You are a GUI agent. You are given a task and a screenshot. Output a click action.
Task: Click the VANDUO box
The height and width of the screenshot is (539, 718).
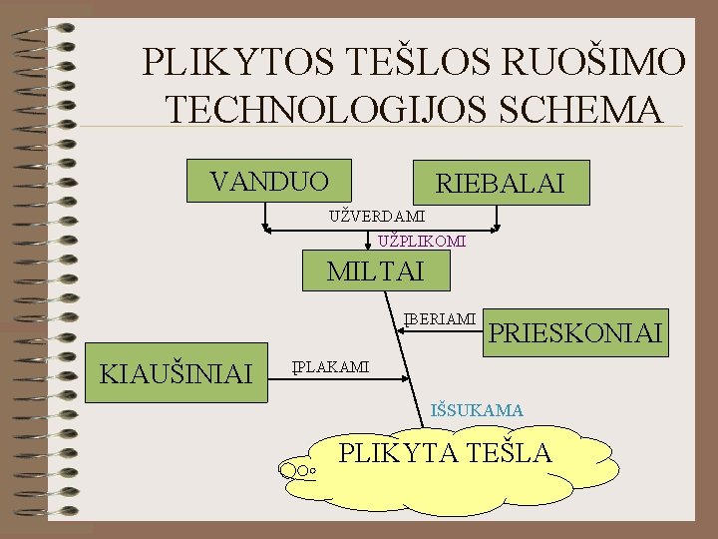coord(269,181)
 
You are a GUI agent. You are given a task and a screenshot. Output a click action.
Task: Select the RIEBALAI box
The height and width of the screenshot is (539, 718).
coord(501,183)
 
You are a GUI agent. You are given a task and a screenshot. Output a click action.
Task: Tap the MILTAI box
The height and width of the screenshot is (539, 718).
coord(376,269)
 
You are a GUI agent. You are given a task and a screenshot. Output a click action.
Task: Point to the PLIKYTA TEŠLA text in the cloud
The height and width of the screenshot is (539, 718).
coord(446,452)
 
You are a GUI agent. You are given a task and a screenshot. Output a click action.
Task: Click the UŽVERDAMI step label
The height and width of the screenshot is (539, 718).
coord(377,216)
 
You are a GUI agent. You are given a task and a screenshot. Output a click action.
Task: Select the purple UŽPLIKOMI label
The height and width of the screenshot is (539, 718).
coord(422,242)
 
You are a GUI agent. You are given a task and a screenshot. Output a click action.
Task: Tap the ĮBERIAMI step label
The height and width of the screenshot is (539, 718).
coord(440,319)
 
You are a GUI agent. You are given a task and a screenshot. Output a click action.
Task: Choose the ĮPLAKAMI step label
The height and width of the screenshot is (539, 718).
coord(330,367)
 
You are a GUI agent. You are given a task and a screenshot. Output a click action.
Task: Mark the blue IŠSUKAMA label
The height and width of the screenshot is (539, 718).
coord(476,409)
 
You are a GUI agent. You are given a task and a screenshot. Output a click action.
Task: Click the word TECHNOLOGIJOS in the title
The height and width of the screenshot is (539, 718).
coord(336,108)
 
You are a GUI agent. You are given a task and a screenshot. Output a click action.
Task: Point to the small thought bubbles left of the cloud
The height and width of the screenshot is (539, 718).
coord(298,467)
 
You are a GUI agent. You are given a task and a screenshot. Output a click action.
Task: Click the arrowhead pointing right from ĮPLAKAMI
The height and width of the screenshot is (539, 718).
coord(404,378)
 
